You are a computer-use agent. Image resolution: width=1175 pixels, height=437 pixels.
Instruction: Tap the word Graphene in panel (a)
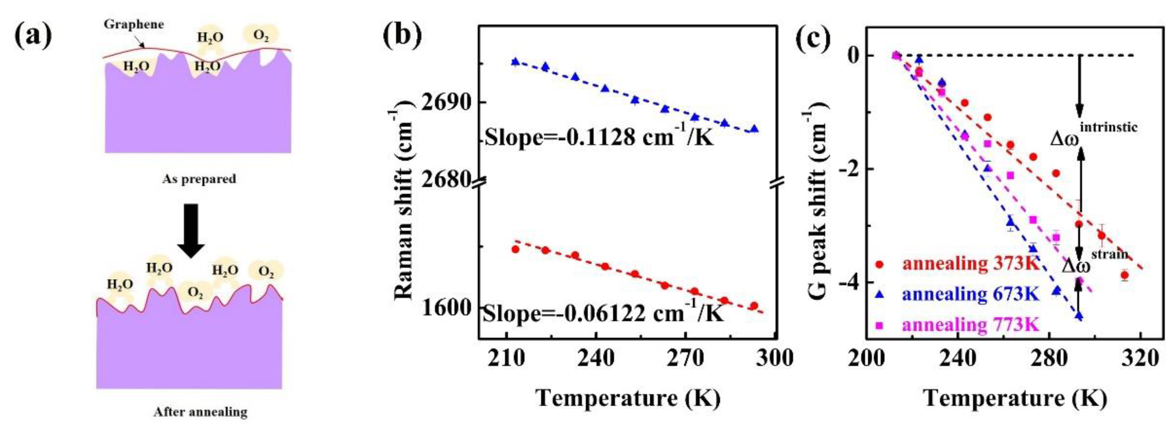[x=134, y=24]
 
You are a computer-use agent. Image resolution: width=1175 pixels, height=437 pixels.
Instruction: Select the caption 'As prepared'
[x=199, y=179]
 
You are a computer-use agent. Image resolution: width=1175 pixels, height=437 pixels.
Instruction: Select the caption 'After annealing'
[x=200, y=412]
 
